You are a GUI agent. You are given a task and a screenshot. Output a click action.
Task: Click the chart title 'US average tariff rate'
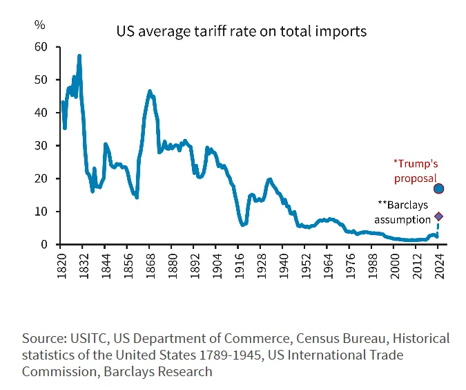pos(241,32)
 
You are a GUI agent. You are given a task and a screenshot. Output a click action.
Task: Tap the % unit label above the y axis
pos(40,25)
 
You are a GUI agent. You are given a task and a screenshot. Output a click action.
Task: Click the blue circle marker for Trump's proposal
pos(438,188)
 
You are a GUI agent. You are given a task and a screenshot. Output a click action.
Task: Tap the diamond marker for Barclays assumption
pos(438,216)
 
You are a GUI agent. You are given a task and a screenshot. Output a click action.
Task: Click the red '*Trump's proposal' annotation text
pos(416,171)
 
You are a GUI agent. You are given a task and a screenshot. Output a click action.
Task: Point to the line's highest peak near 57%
pos(79,56)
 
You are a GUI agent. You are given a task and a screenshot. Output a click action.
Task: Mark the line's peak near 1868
pos(150,91)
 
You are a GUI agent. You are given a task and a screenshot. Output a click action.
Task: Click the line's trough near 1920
pos(243,225)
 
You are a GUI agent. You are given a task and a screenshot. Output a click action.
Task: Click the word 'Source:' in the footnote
pos(43,339)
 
